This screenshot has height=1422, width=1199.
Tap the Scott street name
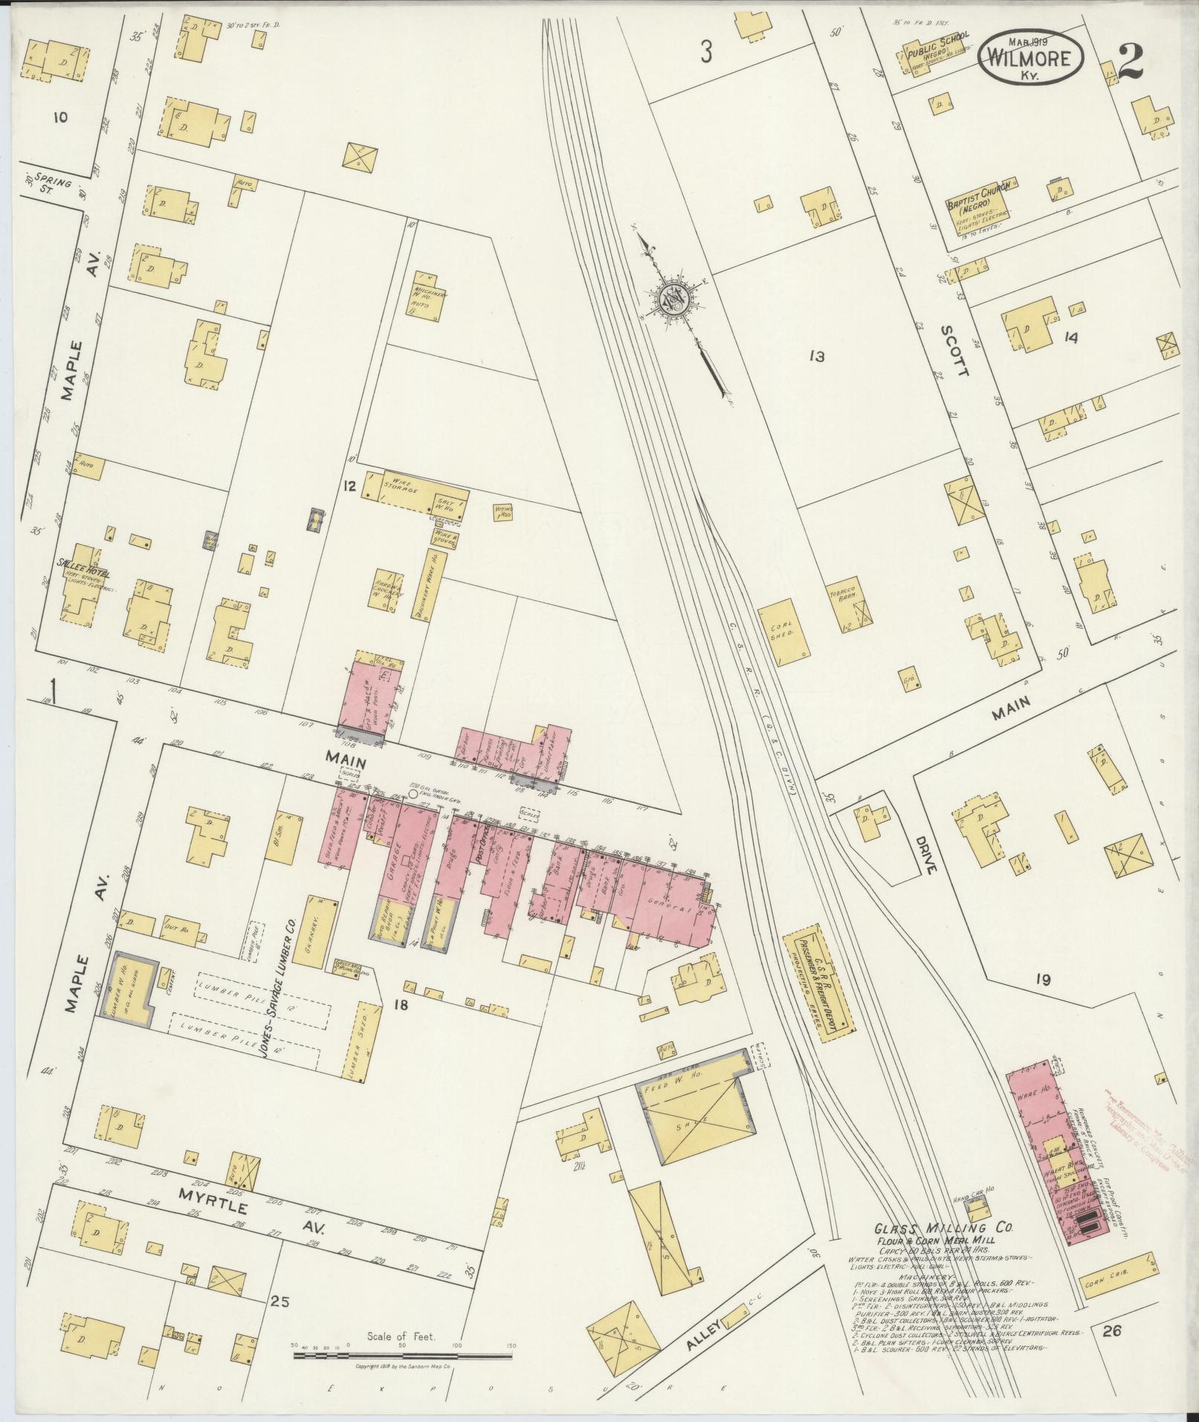[954, 350]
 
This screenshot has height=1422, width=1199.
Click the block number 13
[816, 357]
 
